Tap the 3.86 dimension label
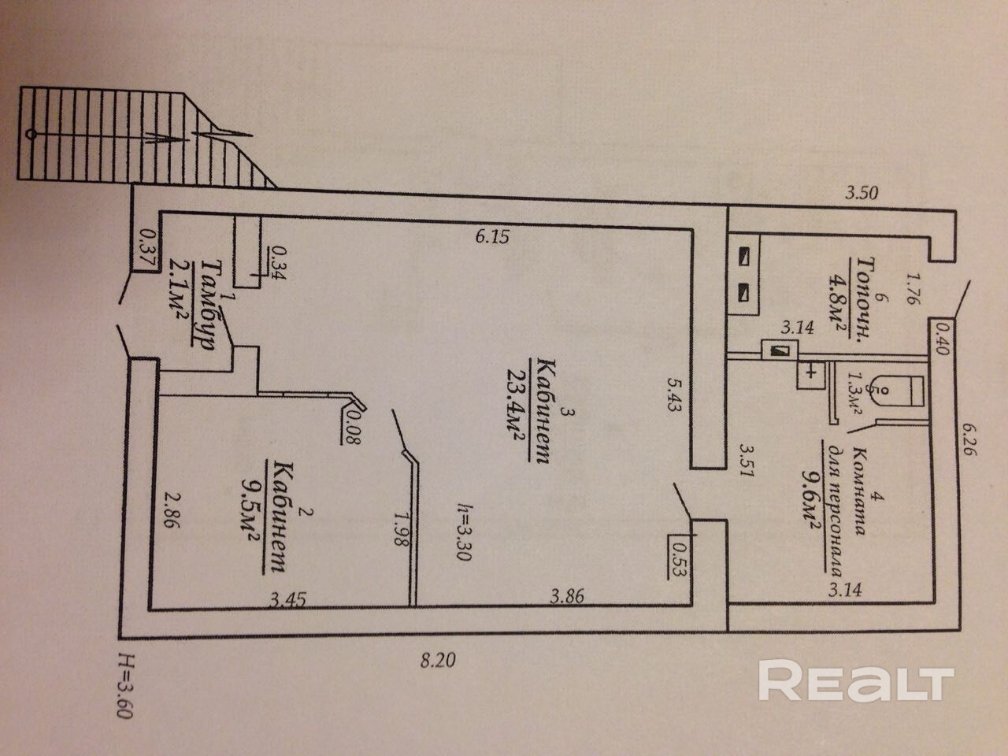pos(567,596)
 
